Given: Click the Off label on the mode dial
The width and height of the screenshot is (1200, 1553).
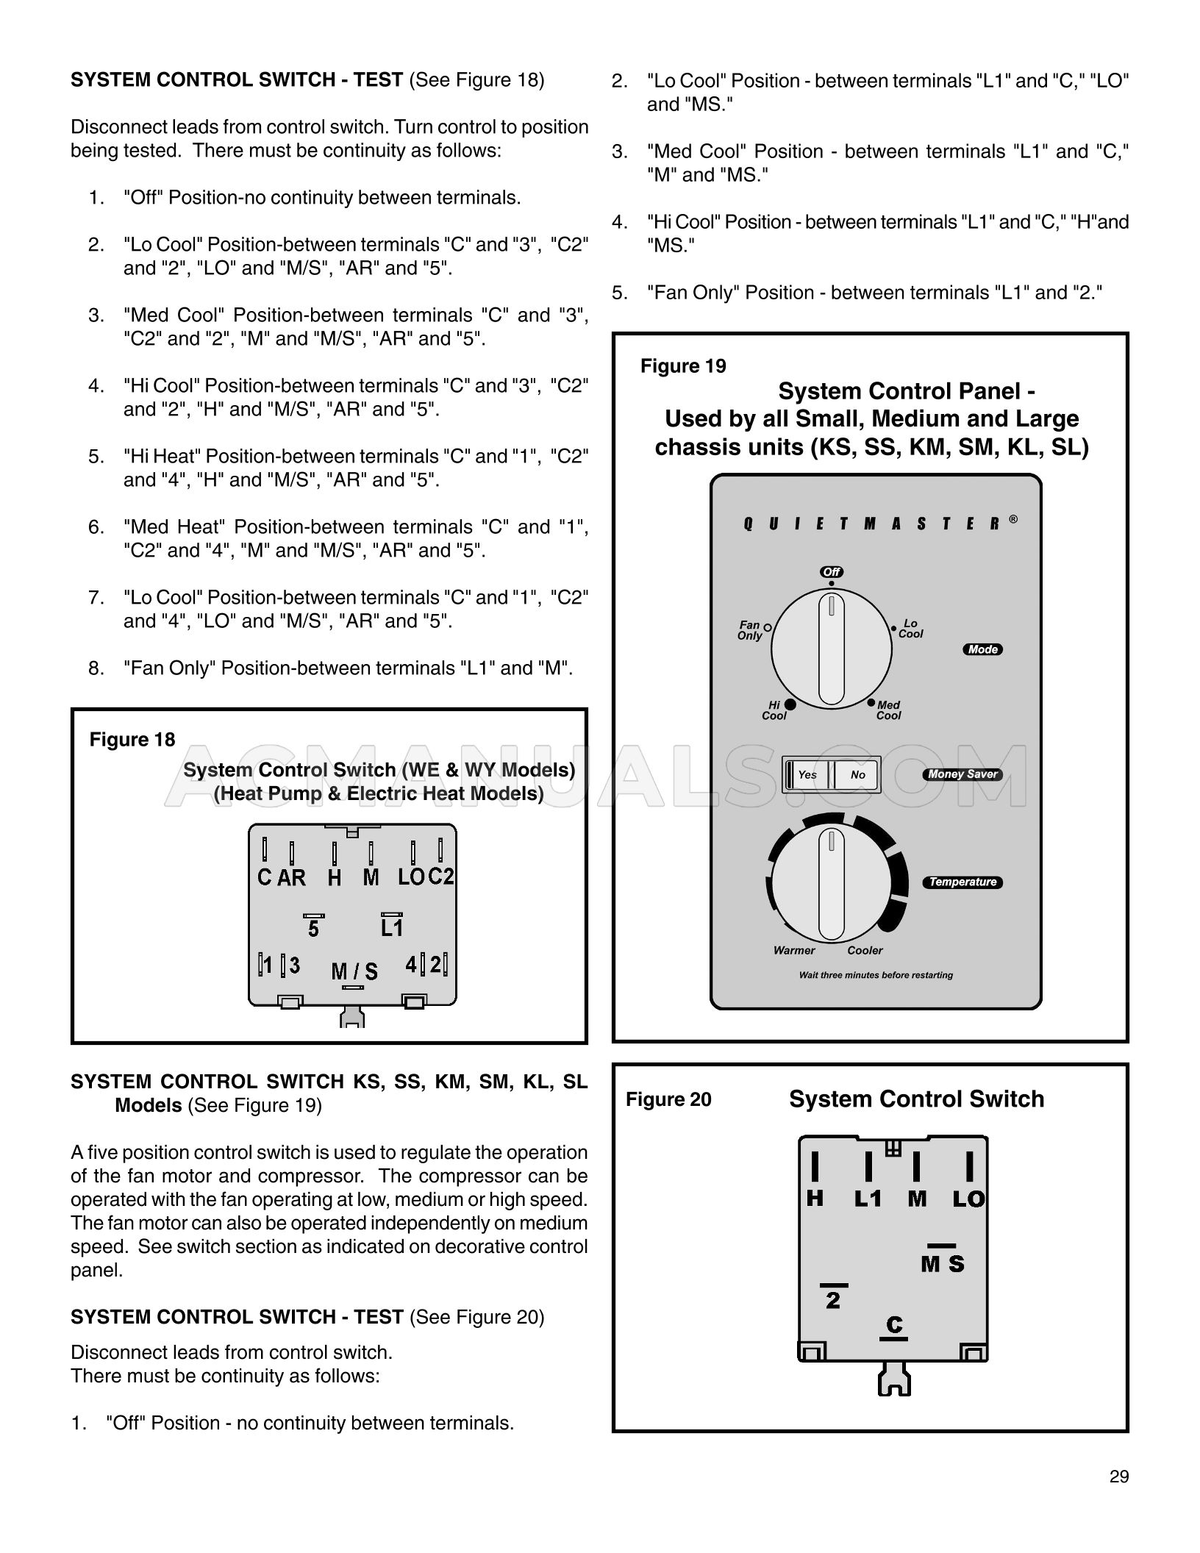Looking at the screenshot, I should click(x=832, y=572).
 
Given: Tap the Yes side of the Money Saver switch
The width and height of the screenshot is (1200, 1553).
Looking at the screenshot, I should click(x=807, y=775).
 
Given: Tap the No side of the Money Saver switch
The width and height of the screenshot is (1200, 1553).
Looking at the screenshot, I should click(x=857, y=775).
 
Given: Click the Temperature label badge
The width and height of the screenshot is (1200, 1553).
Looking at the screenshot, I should click(x=963, y=882).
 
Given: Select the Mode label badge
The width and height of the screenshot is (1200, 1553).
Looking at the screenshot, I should click(x=982, y=649).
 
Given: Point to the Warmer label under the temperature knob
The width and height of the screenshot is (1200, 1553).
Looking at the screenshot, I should click(x=794, y=950).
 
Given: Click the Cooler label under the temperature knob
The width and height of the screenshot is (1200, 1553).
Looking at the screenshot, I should click(x=865, y=950).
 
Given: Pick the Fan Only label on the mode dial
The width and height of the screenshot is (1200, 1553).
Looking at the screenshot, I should click(x=750, y=630).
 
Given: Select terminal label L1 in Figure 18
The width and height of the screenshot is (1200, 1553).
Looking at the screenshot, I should click(x=392, y=928).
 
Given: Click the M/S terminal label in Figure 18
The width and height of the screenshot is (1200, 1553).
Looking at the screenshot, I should click(x=354, y=971).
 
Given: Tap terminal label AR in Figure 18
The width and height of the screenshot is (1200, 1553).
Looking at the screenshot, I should click(x=291, y=877).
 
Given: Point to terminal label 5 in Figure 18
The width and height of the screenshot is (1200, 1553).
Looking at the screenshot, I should click(x=313, y=929).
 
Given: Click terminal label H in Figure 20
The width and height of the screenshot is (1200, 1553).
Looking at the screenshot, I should click(x=815, y=1199).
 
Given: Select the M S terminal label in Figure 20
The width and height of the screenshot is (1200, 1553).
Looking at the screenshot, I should click(x=943, y=1264).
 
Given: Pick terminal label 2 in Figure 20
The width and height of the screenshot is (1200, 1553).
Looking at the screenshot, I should click(x=833, y=1301).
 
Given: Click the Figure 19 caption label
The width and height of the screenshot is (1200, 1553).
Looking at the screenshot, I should click(x=683, y=366).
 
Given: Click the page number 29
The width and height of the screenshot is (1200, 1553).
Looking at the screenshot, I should click(x=1119, y=1477).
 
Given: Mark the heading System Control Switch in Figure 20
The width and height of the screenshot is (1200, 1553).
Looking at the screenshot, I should click(x=916, y=1099).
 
